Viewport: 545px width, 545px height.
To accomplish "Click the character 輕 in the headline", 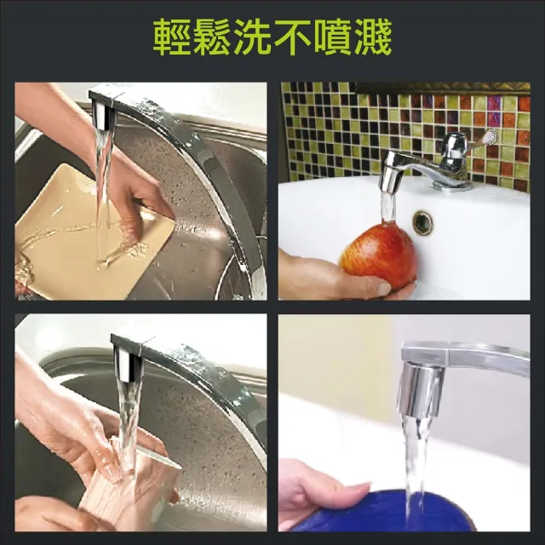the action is [x=173, y=37].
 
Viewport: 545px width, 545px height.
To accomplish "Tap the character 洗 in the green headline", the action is [x=252, y=37].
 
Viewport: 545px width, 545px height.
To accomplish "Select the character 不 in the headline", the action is [x=292, y=37].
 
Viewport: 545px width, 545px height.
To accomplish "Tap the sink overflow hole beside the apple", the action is [x=423, y=222].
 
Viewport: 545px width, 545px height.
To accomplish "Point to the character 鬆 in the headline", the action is [x=212, y=37].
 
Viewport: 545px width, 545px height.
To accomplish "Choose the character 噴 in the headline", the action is [x=332, y=37].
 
